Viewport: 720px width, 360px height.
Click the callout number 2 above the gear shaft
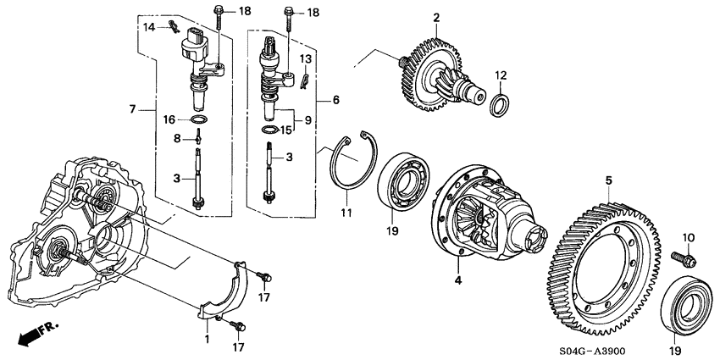(x=436, y=17)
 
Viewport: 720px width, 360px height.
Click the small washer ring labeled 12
(x=501, y=104)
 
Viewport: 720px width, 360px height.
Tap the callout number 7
(x=132, y=109)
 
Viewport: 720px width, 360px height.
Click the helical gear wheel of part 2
(x=432, y=72)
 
